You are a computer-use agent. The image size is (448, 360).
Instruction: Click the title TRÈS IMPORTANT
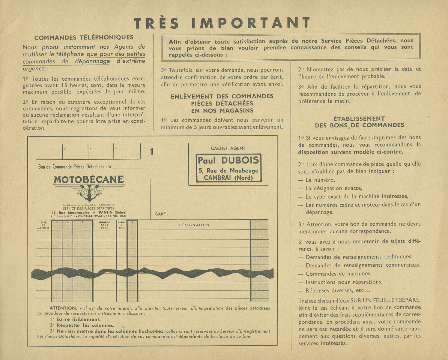point(222,23)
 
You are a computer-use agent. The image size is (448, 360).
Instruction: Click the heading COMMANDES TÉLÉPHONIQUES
point(84,37)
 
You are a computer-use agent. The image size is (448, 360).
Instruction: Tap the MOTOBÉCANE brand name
point(88,180)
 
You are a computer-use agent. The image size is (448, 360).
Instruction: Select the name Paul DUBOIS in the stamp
point(228,160)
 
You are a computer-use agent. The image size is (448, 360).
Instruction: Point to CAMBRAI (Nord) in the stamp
point(228,178)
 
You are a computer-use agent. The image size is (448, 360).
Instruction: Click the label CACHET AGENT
point(228,148)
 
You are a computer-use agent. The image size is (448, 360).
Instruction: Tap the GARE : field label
point(161,214)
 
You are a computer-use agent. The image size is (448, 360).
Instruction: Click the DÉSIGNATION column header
point(194,225)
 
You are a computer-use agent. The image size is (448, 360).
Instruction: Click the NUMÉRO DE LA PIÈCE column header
point(104,225)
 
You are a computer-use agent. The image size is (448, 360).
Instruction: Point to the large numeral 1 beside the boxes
point(152,152)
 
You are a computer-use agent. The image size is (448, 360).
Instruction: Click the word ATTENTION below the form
point(63,308)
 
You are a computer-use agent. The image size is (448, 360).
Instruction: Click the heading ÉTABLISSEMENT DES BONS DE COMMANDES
point(359,122)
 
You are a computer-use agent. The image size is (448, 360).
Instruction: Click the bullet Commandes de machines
point(338,274)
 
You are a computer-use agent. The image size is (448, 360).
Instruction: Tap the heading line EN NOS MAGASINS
point(222,110)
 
